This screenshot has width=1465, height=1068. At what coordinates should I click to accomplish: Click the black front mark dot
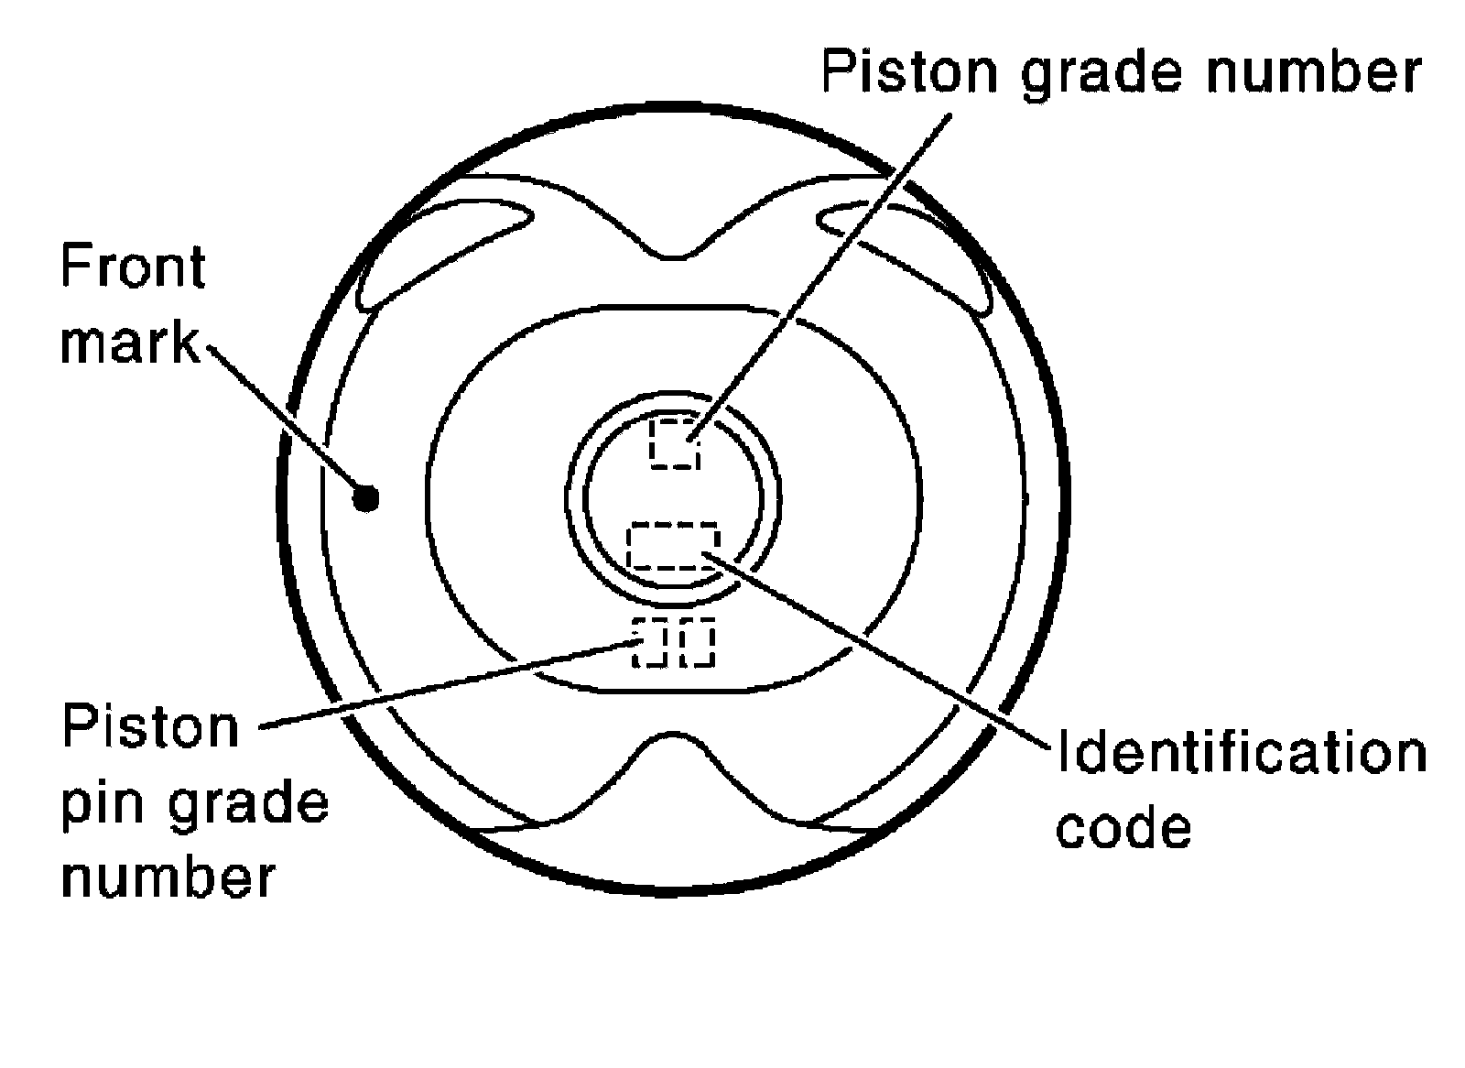coord(366,497)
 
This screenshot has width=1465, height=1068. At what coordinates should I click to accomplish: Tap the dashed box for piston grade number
coord(675,443)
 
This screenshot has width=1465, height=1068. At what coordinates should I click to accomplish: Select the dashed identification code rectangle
coord(673,546)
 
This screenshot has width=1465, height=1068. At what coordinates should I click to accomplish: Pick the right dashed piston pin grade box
coord(697,643)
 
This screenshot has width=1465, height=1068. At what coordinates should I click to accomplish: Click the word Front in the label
coord(132,267)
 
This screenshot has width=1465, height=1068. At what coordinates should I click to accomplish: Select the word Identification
coord(1242,754)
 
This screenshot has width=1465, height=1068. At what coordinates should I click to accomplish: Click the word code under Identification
coord(1123,828)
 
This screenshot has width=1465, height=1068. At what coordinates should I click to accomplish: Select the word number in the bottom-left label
coord(168,877)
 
